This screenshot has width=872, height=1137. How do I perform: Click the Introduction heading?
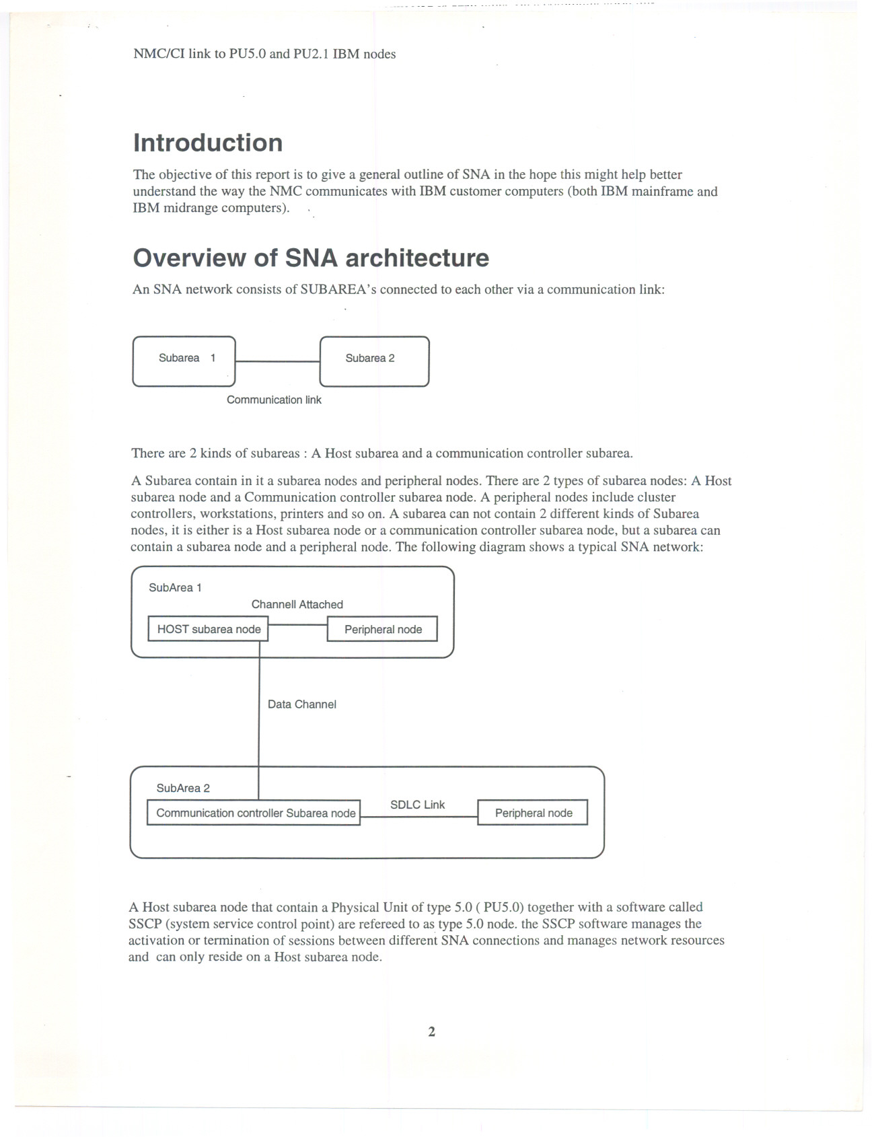coord(207,143)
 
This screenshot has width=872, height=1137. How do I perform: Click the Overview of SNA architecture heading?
coord(311,258)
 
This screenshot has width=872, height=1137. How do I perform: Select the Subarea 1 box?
coord(184,361)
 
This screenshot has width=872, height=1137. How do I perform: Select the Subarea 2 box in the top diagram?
coord(374,361)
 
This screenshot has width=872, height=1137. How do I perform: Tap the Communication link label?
coord(274,400)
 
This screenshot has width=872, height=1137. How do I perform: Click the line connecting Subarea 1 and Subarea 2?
coord(277,361)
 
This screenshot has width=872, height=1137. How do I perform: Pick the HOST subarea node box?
coord(208,629)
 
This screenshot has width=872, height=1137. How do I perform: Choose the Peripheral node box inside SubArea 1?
coord(382,629)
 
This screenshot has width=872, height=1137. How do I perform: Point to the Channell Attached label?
coord(297,604)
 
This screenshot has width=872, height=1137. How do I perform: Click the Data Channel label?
coord(301,704)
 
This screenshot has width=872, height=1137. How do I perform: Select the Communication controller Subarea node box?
coord(254,813)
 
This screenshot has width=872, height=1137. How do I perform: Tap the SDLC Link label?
coord(417,805)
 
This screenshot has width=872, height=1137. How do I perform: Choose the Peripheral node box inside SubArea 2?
coord(533,813)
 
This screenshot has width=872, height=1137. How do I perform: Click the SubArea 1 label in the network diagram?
coord(175,587)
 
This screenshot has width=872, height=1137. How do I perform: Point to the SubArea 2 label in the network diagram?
coord(183,788)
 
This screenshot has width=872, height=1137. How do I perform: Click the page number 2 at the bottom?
coord(431,1031)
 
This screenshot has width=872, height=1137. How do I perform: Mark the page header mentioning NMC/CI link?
coord(264,54)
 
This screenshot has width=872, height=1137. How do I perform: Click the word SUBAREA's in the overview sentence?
coord(340,290)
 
